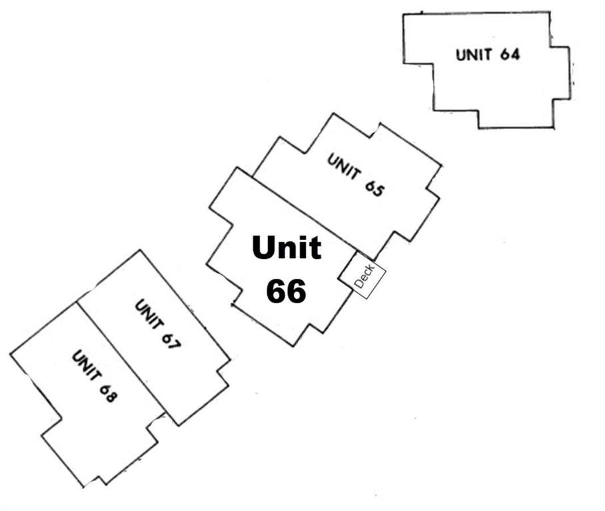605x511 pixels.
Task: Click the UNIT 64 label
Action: tap(488, 55)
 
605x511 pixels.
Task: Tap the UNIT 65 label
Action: tap(356, 175)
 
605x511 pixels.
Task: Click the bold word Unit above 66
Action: tap(287, 248)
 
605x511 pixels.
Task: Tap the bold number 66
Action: tap(287, 290)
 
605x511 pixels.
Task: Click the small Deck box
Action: tap(362, 275)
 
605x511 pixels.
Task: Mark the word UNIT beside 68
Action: tap(84, 365)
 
